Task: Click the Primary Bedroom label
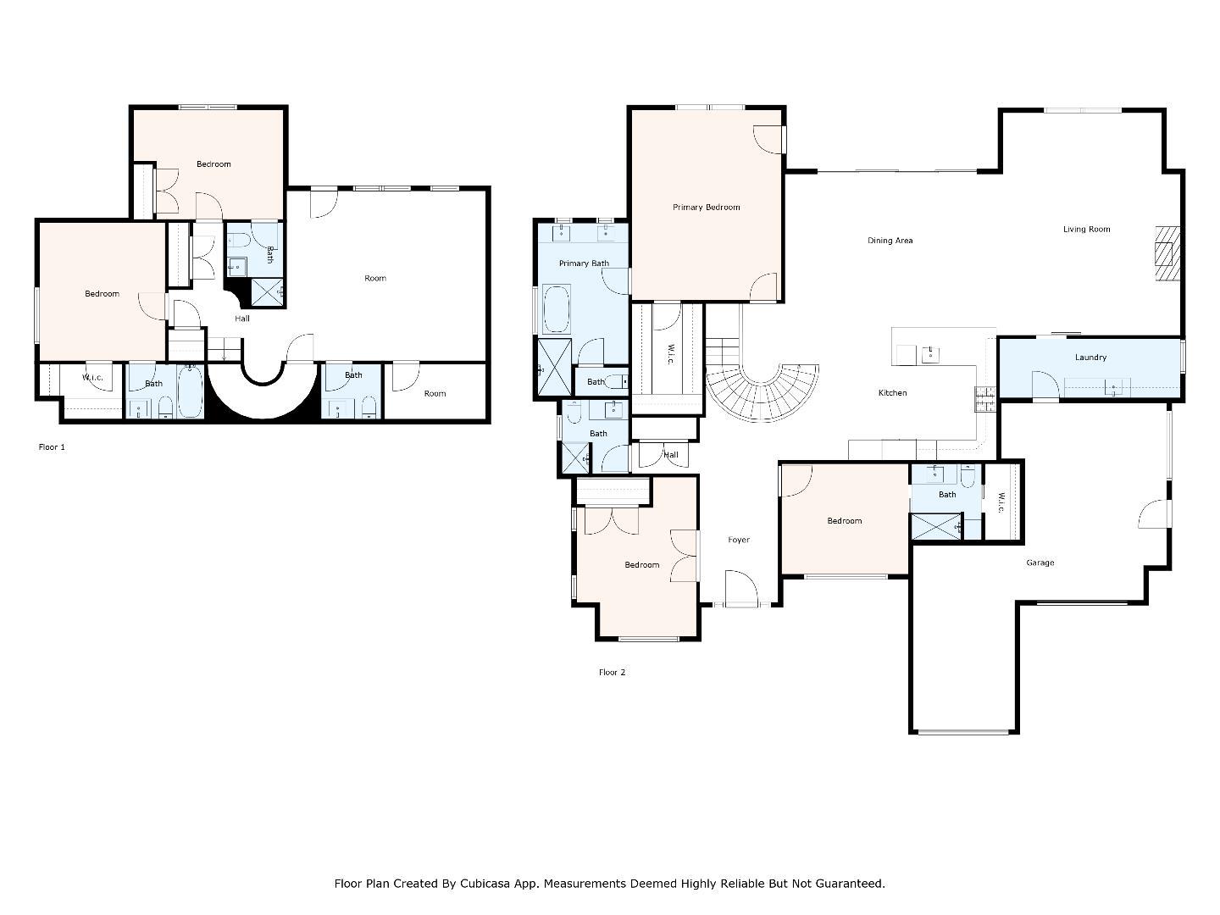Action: click(706, 208)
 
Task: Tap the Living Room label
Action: click(1086, 230)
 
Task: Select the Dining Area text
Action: click(890, 241)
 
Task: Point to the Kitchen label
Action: click(892, 393)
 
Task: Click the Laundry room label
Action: click(1090, 358)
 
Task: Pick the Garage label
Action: click(1040, 563)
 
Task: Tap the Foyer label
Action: click(738, 540)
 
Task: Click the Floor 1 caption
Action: click(52, 447)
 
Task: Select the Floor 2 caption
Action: click(612, 673)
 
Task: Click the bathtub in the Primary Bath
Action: click(556, 309)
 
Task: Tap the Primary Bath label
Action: click(584, 263)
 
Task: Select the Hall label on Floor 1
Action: click(242, 319)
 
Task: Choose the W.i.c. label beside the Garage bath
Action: click(1001, 502)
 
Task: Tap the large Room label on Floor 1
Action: click(374, 279)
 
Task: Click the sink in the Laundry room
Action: click(1115, 388)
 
